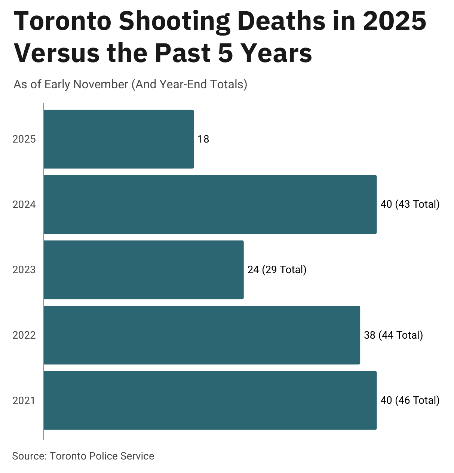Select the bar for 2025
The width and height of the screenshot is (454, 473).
point(119,139)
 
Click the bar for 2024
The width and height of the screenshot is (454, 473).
point(210,204)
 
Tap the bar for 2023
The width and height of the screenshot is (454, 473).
point(144,270)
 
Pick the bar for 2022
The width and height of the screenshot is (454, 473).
point(202,335)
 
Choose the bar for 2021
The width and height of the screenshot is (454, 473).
point(210,400)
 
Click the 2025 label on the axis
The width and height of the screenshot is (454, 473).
point(24,139)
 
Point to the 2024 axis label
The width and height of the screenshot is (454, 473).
point(24,205)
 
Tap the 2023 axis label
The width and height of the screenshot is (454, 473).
point(24,270)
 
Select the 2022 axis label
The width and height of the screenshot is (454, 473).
point(24,335)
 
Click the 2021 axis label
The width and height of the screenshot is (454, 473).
point(24,401)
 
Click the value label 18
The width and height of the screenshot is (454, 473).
point(203,139)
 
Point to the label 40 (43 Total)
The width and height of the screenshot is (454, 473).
point(410,204)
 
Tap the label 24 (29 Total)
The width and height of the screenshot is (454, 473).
point(277,270)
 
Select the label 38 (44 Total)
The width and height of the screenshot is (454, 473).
point(393,335)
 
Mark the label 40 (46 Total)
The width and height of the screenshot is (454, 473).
point(410,400)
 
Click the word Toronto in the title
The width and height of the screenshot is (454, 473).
point(63,21)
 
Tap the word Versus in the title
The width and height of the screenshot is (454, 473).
point(57,53)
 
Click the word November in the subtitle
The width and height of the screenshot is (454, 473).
point(101,84)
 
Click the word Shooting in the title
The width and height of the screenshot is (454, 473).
point(175,22)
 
